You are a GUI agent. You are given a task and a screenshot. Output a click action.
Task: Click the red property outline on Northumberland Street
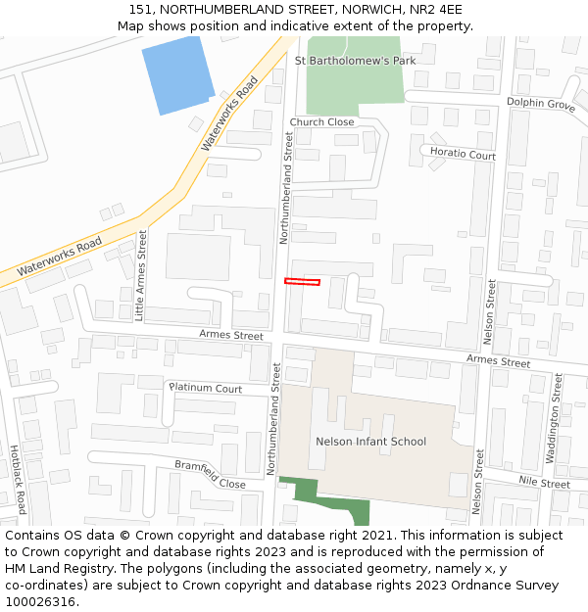point(302,282)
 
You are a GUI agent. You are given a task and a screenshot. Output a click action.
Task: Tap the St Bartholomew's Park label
point(356,60)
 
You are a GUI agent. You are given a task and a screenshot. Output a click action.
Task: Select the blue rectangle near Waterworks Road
point(178,73)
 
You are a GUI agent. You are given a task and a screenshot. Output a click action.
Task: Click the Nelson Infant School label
point(370,442)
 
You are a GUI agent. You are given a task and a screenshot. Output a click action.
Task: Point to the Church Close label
point(321,122)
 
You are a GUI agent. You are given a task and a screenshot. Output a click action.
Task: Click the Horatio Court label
point(464,155)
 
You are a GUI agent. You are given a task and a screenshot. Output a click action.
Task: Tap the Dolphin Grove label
point(540,103)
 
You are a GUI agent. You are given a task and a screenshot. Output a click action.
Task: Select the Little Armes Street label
point(140,275)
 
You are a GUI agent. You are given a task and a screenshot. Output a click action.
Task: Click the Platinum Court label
point(206,389)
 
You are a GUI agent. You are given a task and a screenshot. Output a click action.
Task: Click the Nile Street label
point(544,483)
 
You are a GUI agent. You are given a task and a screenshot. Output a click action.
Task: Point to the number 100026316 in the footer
point(40,602)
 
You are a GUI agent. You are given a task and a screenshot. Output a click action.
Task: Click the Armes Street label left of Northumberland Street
point(231,335)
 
